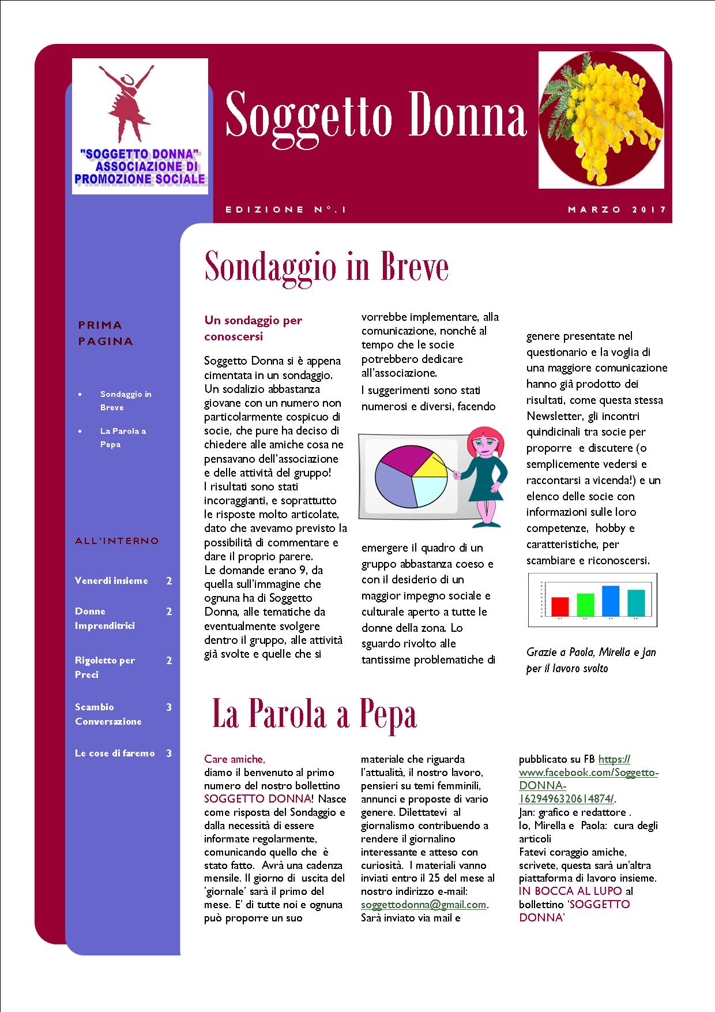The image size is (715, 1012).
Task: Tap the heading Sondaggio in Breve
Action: tap(326, 267)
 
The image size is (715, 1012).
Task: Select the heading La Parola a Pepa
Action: tap(314, 714)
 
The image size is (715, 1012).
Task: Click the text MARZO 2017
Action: tap(617, 209)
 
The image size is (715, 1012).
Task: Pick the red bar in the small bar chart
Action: tap(560, 606)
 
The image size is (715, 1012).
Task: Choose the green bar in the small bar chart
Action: tap(585, 604)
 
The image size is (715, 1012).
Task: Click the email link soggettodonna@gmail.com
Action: tap(424, 905)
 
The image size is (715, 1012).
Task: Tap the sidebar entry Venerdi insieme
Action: tap(111, 581)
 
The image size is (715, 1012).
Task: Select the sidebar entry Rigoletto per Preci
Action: tap(104, 668)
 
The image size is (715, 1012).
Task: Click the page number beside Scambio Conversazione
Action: tap(169, 707)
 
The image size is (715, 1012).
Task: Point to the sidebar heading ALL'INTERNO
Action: tap(116, 541)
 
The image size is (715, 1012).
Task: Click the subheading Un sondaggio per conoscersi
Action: tap(253, 328)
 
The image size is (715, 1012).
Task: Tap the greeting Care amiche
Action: tap(234, 759)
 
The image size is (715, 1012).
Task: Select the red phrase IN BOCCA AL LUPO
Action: tap(570, 891)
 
